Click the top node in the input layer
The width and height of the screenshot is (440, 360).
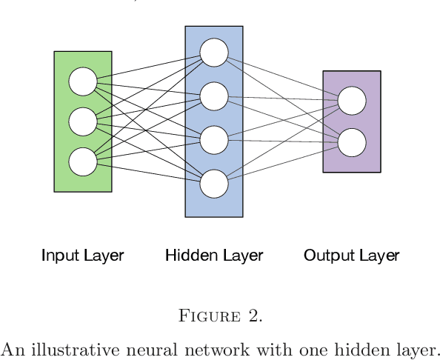[x=83, y=81]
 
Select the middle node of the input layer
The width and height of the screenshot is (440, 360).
[x=83, y=121]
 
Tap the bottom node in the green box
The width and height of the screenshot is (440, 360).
[x=83, y=161]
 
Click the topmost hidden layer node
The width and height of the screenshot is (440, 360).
[x=214, y=52]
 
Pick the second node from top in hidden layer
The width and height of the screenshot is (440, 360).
[x=214, y=96]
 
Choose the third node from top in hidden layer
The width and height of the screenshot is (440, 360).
[x=214, y=139]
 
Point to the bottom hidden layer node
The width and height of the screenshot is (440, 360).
[x=214, y=183]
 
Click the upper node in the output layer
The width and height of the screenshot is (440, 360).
[x=352, y=101]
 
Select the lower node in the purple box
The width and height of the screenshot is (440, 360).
[x=352, y=141]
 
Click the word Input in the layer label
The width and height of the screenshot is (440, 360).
[x=56, y=256]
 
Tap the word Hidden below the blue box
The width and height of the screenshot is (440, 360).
[x=187, y=256]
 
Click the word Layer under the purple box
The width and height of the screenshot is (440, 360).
[x=378, y=256]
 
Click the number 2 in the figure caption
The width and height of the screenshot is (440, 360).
[x=253, y=316]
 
